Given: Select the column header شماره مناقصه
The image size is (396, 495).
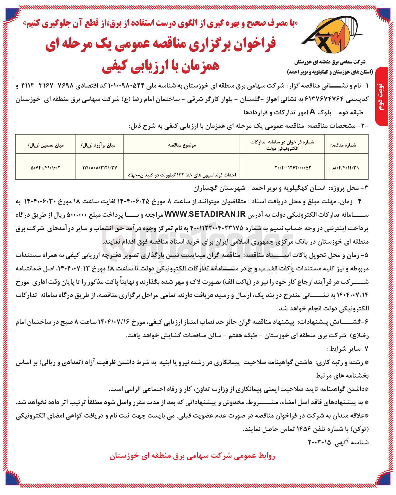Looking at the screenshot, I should [x=346, y=145].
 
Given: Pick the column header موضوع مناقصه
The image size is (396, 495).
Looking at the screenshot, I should [x=182, y=145].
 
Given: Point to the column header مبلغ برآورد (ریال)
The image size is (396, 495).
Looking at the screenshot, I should [x=100, y=145].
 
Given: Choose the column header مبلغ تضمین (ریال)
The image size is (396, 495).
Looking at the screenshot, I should [x=46, y=145].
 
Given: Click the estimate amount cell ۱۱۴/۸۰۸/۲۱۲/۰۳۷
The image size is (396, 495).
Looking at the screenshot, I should [x=100, y=168].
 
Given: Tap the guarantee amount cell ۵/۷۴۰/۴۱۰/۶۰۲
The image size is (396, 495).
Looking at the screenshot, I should [x=46, y=168].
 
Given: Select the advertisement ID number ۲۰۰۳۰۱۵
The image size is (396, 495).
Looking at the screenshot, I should [x=319, y=443].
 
